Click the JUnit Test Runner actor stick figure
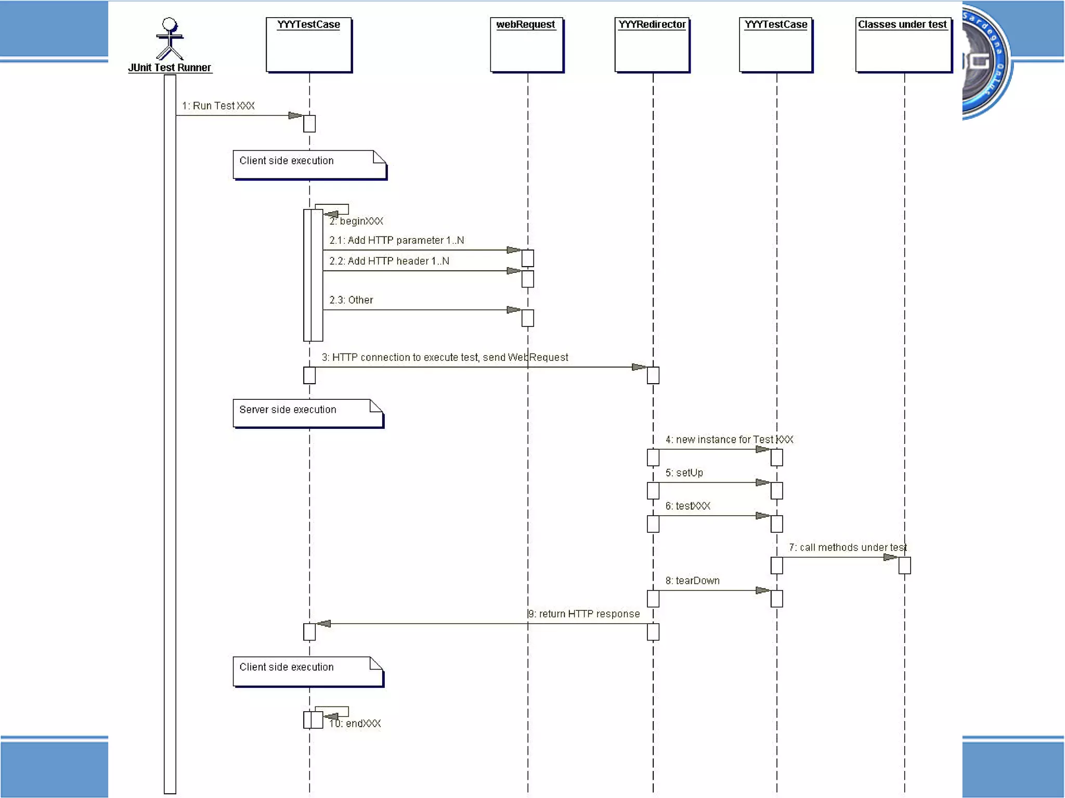[170, 40]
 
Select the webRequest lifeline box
[526, 45]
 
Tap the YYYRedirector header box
[652, 45]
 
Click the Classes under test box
[903, 45]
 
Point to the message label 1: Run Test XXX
[218, 106]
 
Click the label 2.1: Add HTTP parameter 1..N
[396, 240]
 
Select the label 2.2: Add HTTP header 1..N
[389, 261]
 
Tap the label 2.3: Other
[351, 300]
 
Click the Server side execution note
[308, 413]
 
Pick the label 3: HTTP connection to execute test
[445, 358]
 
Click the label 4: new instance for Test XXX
[729, 440]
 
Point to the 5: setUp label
[684, 473]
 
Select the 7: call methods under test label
[848, 547]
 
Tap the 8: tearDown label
[692, 581]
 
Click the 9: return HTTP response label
[584, 614]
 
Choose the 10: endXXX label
[355, 724]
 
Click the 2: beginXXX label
[356, 221]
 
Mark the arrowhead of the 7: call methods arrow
[891, 558]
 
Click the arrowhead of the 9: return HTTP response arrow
[324, 624]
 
